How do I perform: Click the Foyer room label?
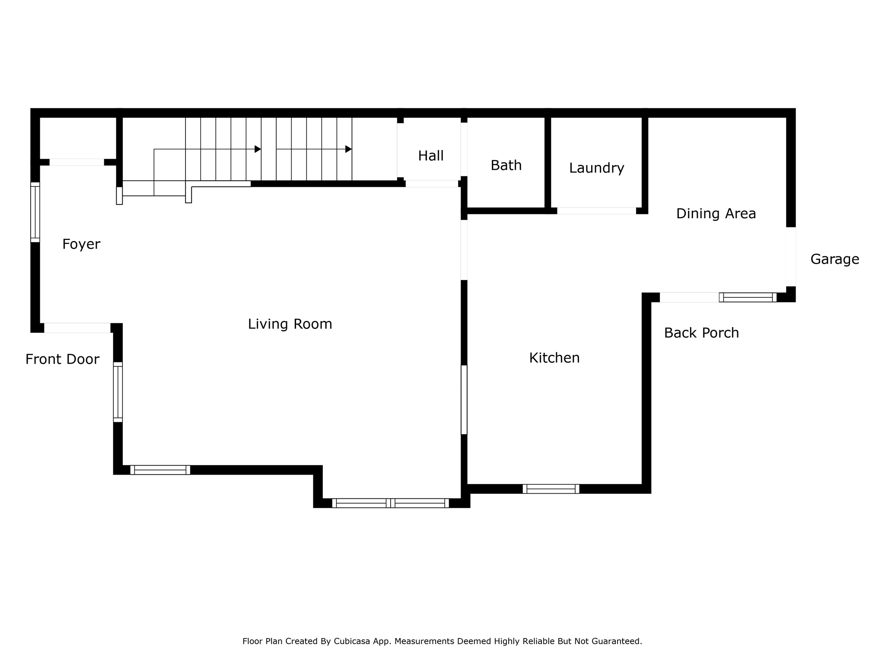[81, 245]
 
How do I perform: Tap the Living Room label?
[290, 324]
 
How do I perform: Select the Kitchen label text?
[554, 358]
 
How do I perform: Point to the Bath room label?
[506, 166]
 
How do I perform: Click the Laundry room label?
[596, 168]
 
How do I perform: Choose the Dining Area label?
[716, 214]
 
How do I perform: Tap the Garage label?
[834, 259]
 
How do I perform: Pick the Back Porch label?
[701, 333]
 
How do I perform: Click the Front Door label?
[62, 359]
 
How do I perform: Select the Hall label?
[431, 156]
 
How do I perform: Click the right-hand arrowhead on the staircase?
[348, 149]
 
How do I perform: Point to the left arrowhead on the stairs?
[258, 149]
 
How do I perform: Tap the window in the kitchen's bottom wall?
[551, 489]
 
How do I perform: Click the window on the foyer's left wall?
[35, 212]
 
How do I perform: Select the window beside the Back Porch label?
[748, 297]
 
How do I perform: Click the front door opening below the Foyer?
[77, 328]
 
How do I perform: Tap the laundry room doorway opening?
[596, 211]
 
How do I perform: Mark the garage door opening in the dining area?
[791, 257]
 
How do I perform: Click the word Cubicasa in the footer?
[352, 641]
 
